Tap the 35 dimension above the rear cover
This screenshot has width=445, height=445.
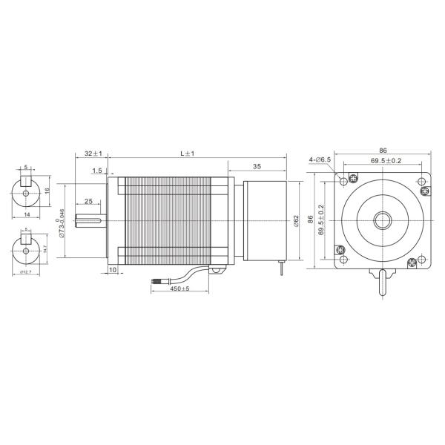click(x=257, y=168)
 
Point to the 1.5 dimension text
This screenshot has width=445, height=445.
click(x=97, y=171)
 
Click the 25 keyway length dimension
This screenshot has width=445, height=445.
click(x=88, y=201)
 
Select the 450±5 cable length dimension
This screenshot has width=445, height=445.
click(x=180, y=289)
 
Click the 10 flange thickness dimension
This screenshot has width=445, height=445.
click(x=112, y=271)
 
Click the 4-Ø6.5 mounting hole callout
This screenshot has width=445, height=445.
click(x=321, y=159)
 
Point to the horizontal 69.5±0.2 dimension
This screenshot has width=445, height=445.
click(x=385, y=161)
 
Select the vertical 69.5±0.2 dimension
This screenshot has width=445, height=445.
click(x=320, y=220)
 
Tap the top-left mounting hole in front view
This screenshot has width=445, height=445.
click(x=342, y=180)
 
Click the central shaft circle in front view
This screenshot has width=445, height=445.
click(x=383, y=220)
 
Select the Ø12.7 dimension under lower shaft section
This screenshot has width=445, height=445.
click(x=25, y=273)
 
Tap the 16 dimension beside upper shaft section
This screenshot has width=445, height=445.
click(x=48, y=191)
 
